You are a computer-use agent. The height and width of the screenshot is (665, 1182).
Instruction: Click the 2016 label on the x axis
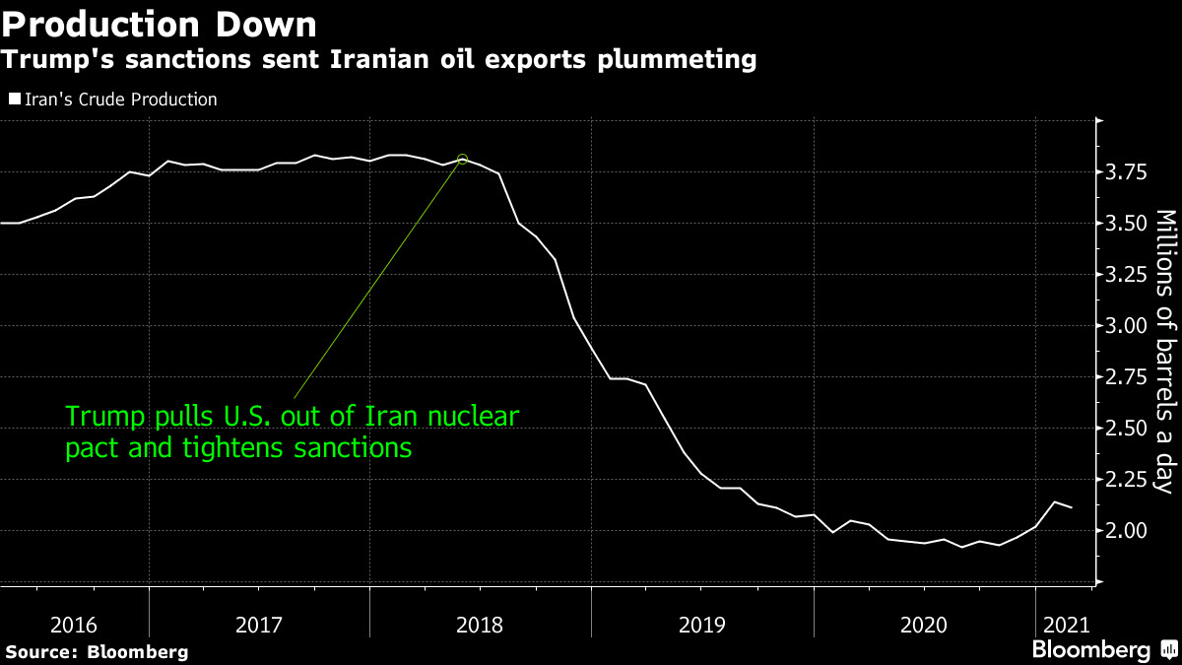point(74,624)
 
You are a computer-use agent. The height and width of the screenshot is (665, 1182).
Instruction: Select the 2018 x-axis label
point(480,624)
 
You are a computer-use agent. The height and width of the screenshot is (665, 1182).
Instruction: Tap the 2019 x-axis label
point(701,624)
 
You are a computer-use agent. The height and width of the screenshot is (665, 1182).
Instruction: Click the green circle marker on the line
point(463,160)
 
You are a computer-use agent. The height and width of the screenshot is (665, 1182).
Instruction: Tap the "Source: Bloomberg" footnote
point(98,651)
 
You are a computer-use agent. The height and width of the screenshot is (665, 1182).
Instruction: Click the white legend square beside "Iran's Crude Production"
point(13,100)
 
